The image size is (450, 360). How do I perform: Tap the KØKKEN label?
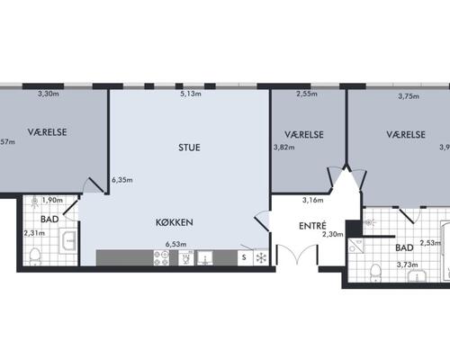click(x=174, y=220)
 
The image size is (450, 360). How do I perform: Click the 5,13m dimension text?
click(x=190, y=94)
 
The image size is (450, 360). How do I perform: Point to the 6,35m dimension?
click(x=121, y=180)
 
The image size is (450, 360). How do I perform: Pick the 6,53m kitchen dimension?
click(x=174, y=243)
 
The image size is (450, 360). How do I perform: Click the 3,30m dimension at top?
click(x=47, y=94)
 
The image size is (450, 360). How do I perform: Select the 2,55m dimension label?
click(x=307, y=94)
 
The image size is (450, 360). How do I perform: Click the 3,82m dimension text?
click(x=284, y=149)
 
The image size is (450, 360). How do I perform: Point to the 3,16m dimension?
click(x=312, y=200)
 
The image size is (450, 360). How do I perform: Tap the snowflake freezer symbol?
click(x=261, y=258)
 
